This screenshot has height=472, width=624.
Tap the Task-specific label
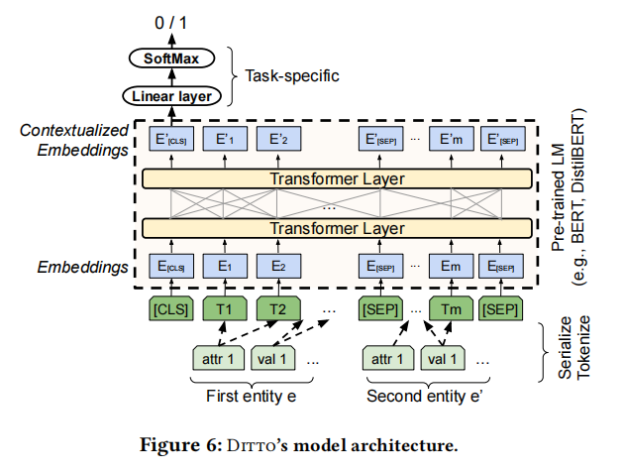pyautogui.click(x=286, y=75)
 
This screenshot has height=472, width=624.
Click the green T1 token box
pyautogui.click(x=225, y=309)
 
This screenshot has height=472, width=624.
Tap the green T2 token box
pyautogui.click(x=279, y=309)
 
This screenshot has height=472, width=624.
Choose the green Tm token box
pyautogui.click(x=452, y=309)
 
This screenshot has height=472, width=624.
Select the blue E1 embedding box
pyautogui.click(x=225, y=266)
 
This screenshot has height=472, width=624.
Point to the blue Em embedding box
pyautogui.click(x=452, y=266)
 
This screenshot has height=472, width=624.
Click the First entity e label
pyautogui.click(x=251, y=397)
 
